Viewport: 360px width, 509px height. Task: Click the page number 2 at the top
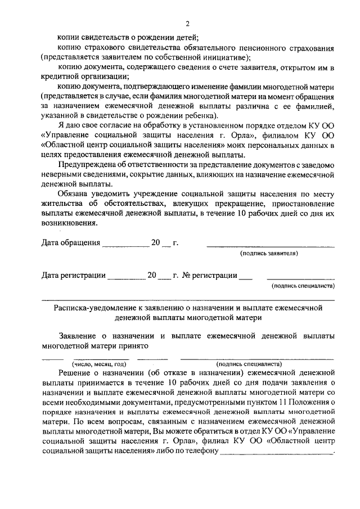click(188, 23)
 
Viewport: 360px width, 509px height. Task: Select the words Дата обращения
click(71, 244)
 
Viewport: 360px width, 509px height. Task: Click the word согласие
click(126, 125)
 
